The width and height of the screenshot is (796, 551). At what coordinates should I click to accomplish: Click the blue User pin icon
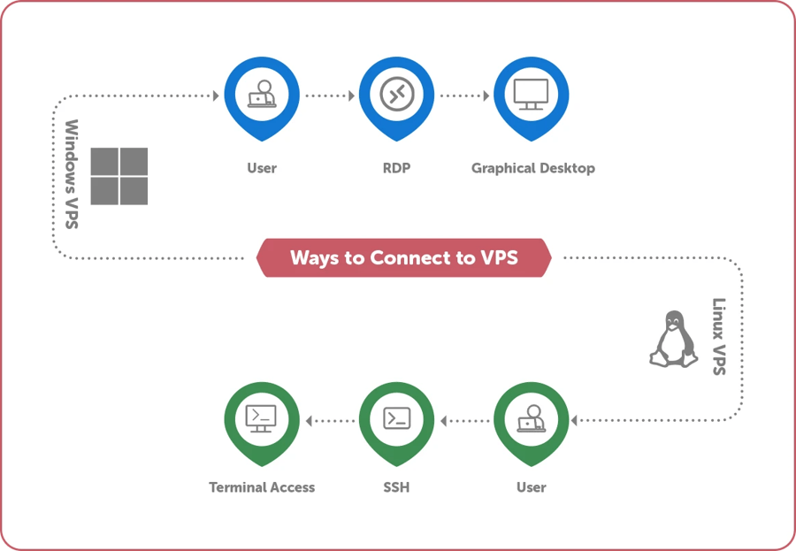point(262,95)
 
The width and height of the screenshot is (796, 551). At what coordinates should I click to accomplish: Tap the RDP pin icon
point(396,95)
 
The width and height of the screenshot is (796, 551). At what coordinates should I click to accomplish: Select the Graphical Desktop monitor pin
point(531,95)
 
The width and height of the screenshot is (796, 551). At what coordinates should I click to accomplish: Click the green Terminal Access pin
point(262,418)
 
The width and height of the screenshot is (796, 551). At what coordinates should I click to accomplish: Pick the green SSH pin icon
point(396,418)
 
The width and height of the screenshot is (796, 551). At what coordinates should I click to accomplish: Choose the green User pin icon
point(531,418)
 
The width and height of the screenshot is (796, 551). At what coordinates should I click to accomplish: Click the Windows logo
point(119,176)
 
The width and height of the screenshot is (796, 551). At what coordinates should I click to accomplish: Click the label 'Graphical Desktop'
point(532,168)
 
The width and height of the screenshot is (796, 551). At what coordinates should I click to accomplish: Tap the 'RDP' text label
point(396,168)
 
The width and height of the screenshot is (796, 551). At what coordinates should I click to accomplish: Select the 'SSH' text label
point(396,487)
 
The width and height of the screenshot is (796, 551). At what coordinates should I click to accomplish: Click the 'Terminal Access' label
point(262,487)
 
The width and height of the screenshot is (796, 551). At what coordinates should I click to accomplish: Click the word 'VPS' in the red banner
point(499,258)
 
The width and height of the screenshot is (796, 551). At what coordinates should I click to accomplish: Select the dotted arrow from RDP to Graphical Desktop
point(463,95)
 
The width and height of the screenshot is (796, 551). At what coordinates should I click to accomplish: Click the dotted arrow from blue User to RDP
point(329,95)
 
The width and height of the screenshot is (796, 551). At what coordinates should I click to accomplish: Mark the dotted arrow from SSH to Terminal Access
point(329,421)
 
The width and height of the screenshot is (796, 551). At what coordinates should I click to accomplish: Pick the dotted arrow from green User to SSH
point(463,421)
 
